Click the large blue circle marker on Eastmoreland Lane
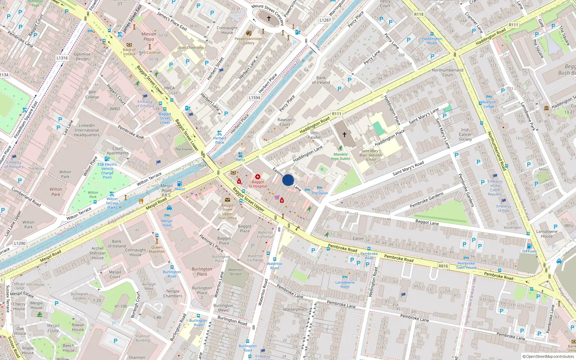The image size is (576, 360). pyautogui.click(x=288, y=180)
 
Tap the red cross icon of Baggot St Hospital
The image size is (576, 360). pyautogui.click(x=258, y=177)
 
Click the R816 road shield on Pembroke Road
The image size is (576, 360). pyautogui.click(x=443, y=266)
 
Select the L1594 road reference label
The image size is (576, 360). pyautogui.click(x=255, y=98)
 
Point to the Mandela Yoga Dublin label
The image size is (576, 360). pyautogui.click(x=340, y=156)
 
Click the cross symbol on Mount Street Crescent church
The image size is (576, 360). pyautogui.click(x=269, y=18)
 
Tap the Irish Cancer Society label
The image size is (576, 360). pyautogui.click(x=465, y=134)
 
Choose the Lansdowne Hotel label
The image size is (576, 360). pyautogui.click(x=345, y=284)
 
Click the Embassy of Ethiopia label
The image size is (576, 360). pyautogui.click(x=145, y=104)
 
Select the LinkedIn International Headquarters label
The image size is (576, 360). pyautogui.click(x=87, y=130)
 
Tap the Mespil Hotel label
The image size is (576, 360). pyautogui.click(x=167, y=223)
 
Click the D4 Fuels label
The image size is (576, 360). pyautogui.click(x=529, y=251)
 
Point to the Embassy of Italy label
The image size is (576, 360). pyautogui.click(x=504, y=208)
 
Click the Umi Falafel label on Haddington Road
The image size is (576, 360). pyautogui.click(x=314, y=135)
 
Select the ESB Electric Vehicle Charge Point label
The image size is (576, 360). pyautogui.click(x=107, y=171)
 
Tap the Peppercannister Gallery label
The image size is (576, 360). pyautogui.click(x=248, y=41)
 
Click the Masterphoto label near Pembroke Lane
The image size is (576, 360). pyautogui.click(x=295, y=309)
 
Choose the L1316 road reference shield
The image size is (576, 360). pyautogui.click(x=62, y=58)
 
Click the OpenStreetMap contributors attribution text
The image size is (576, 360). pyautogui.click(x=548, y=356)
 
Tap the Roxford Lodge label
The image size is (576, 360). pyautogui.click(x=489, y=104)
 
